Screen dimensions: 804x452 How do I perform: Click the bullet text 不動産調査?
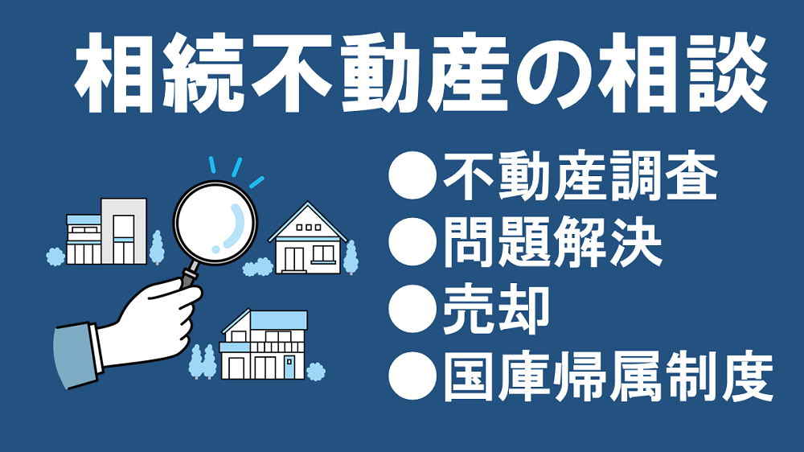click(x=580, y=176)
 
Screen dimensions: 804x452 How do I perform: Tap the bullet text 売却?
click(x=496, y=310)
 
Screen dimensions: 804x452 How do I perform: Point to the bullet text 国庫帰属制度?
click(x=608, y=376)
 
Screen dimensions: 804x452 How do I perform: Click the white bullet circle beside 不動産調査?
click(x=412, y=175)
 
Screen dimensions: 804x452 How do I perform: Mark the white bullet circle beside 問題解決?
click(x=412, y=241)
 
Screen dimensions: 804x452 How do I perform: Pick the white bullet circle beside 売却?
click(x=412, y=310)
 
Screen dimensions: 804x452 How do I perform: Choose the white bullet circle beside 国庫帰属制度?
click(x=412, y=376)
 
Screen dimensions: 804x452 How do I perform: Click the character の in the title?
click(x=555, y=73)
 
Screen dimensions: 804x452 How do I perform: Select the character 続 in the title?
click(x=203, y=72)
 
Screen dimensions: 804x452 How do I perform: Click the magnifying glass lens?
click(x=215, y=223)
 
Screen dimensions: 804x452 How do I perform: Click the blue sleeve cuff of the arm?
click(x=77, y=354)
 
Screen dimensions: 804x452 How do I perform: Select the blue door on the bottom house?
click(x=289, y=368)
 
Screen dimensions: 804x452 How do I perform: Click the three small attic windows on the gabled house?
click(x=309, y=227)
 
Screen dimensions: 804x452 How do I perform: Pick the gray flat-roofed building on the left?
click(x=124, y=231)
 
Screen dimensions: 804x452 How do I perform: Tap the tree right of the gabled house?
click(x=351, y=257)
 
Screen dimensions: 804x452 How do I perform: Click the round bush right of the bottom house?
click(x=315, y=371)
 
